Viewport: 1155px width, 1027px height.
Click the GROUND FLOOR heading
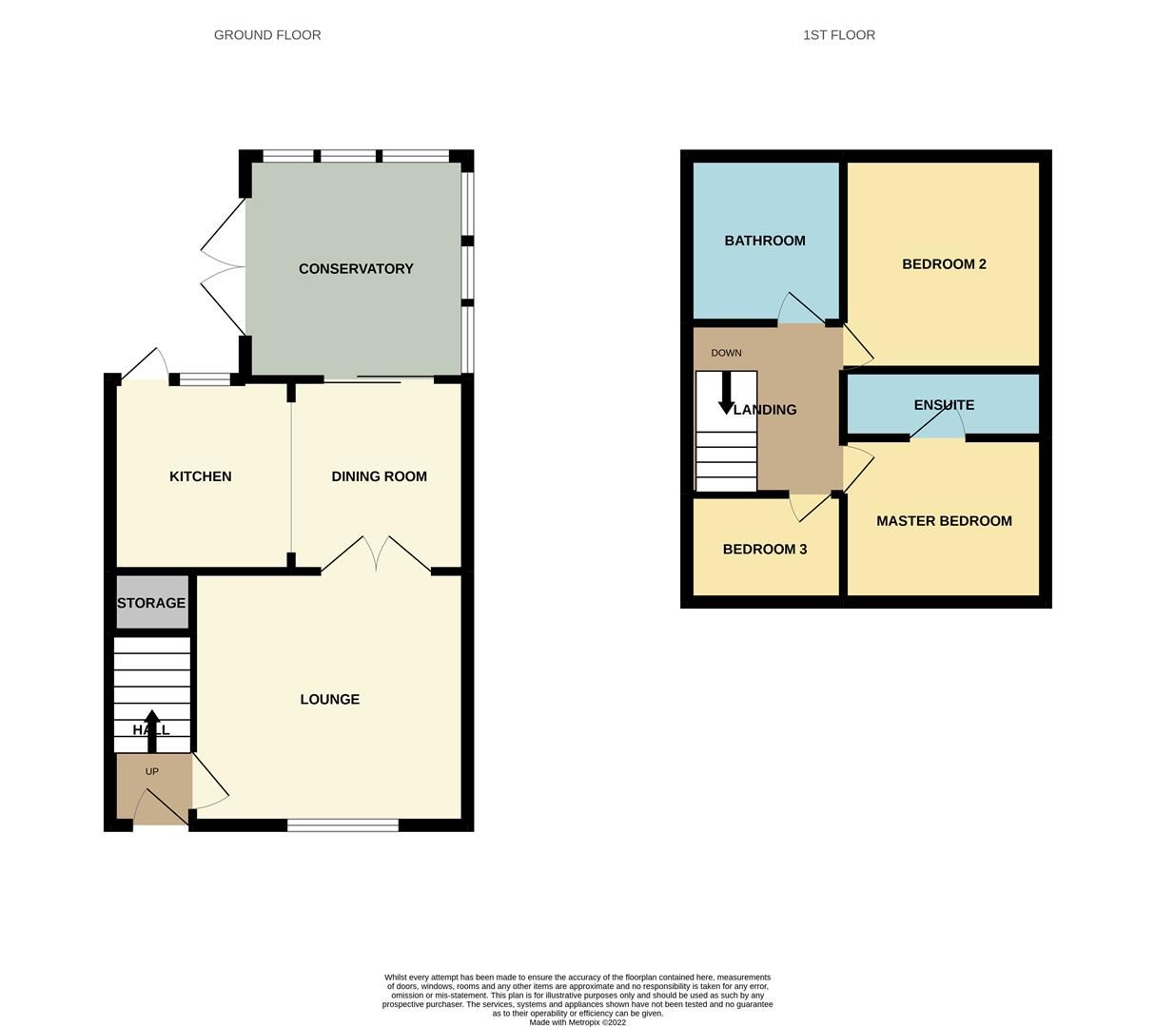coord(267,35)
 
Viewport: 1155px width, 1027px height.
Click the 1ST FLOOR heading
coord(838,35)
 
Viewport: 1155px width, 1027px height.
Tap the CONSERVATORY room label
coord(356,269)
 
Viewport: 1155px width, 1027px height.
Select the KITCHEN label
coord(200,476)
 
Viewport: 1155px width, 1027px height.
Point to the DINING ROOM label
coord(379,476)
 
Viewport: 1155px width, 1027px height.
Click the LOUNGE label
coord(329,699)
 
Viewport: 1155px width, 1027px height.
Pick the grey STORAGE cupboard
coord(152,603)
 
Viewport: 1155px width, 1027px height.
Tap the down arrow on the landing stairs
coord(726,393)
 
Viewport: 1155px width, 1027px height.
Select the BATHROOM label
coord(765,241)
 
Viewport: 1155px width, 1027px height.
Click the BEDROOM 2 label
coord(944,264)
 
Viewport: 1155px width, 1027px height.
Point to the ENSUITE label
coord(944,405)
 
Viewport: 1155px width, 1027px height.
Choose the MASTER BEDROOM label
coord(944,521)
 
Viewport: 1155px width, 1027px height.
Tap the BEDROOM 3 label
coord(765,550)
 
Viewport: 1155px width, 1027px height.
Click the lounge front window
coord(343,824)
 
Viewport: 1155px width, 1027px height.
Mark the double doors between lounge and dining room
coord(376,556)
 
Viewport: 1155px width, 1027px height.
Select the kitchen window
coord(206,379)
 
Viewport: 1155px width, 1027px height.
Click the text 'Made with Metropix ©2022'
coord(577,1022)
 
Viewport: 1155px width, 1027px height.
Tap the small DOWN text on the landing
coord(726,353)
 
